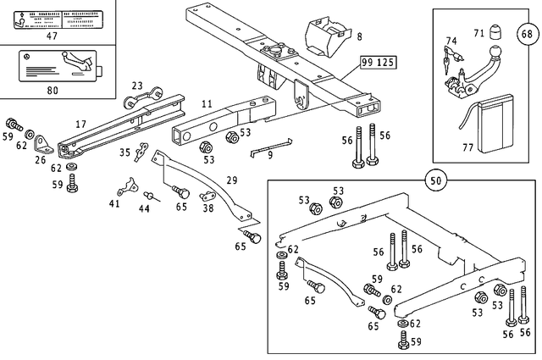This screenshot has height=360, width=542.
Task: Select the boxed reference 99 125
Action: (378, 64)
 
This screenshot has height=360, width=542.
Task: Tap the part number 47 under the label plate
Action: (52, 37)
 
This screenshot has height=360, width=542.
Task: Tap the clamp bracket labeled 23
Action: (136, 103)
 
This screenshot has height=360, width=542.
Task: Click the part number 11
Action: (206, 103)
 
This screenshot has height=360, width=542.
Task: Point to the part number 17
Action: (81, 125)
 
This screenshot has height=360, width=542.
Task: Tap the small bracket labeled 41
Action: (127, 186)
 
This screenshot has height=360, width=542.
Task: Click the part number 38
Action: (208, 208)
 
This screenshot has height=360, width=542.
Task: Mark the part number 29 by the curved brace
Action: (232, 180)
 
